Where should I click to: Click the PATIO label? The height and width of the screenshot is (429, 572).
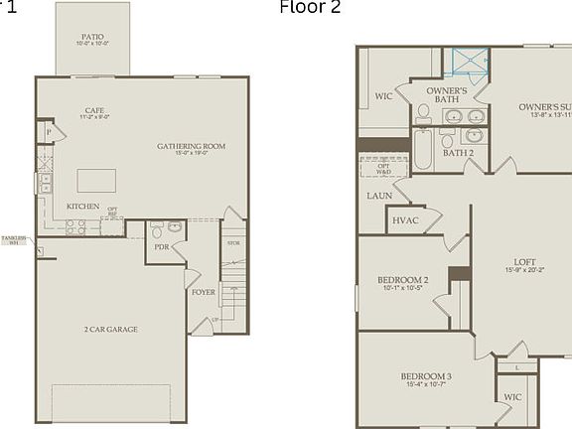click(91, 37)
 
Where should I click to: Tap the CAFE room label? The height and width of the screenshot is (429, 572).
click(95, 111)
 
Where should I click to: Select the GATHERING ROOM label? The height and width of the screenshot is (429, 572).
click(191, 147)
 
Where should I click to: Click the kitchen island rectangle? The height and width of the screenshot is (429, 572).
click(96, 180)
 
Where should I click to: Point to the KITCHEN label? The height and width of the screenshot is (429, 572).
click(82, 206)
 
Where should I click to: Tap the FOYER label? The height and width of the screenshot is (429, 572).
click(203, 292)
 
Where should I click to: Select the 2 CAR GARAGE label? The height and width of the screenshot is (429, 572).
click(110, 329)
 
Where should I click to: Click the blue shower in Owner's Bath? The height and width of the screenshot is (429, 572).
click(472, 64)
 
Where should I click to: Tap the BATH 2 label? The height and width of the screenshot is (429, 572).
click(458, 153)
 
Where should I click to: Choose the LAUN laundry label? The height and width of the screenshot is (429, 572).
click(378, 196)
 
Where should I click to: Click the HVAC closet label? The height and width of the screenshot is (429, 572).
click(404, 220)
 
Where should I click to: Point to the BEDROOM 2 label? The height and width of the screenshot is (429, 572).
click(403, 283)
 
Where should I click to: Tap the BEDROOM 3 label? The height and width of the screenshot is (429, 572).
click(426, 377)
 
